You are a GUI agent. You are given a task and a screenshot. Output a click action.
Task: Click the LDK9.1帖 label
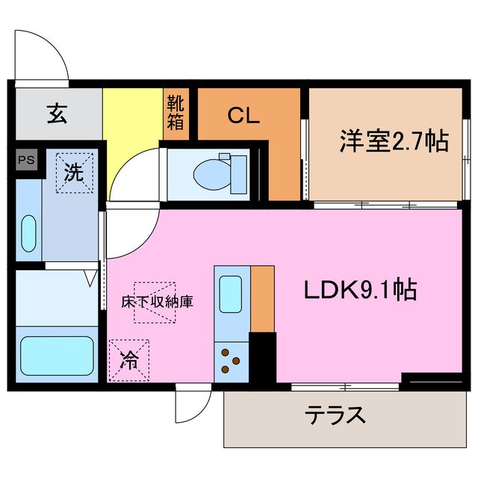point(358,289)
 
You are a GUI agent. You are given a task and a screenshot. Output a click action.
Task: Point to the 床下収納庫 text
point(158,302)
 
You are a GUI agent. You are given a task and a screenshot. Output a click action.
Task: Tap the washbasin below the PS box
point(28,234)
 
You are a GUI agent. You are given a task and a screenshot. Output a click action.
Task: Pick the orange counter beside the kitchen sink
point(262,297)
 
